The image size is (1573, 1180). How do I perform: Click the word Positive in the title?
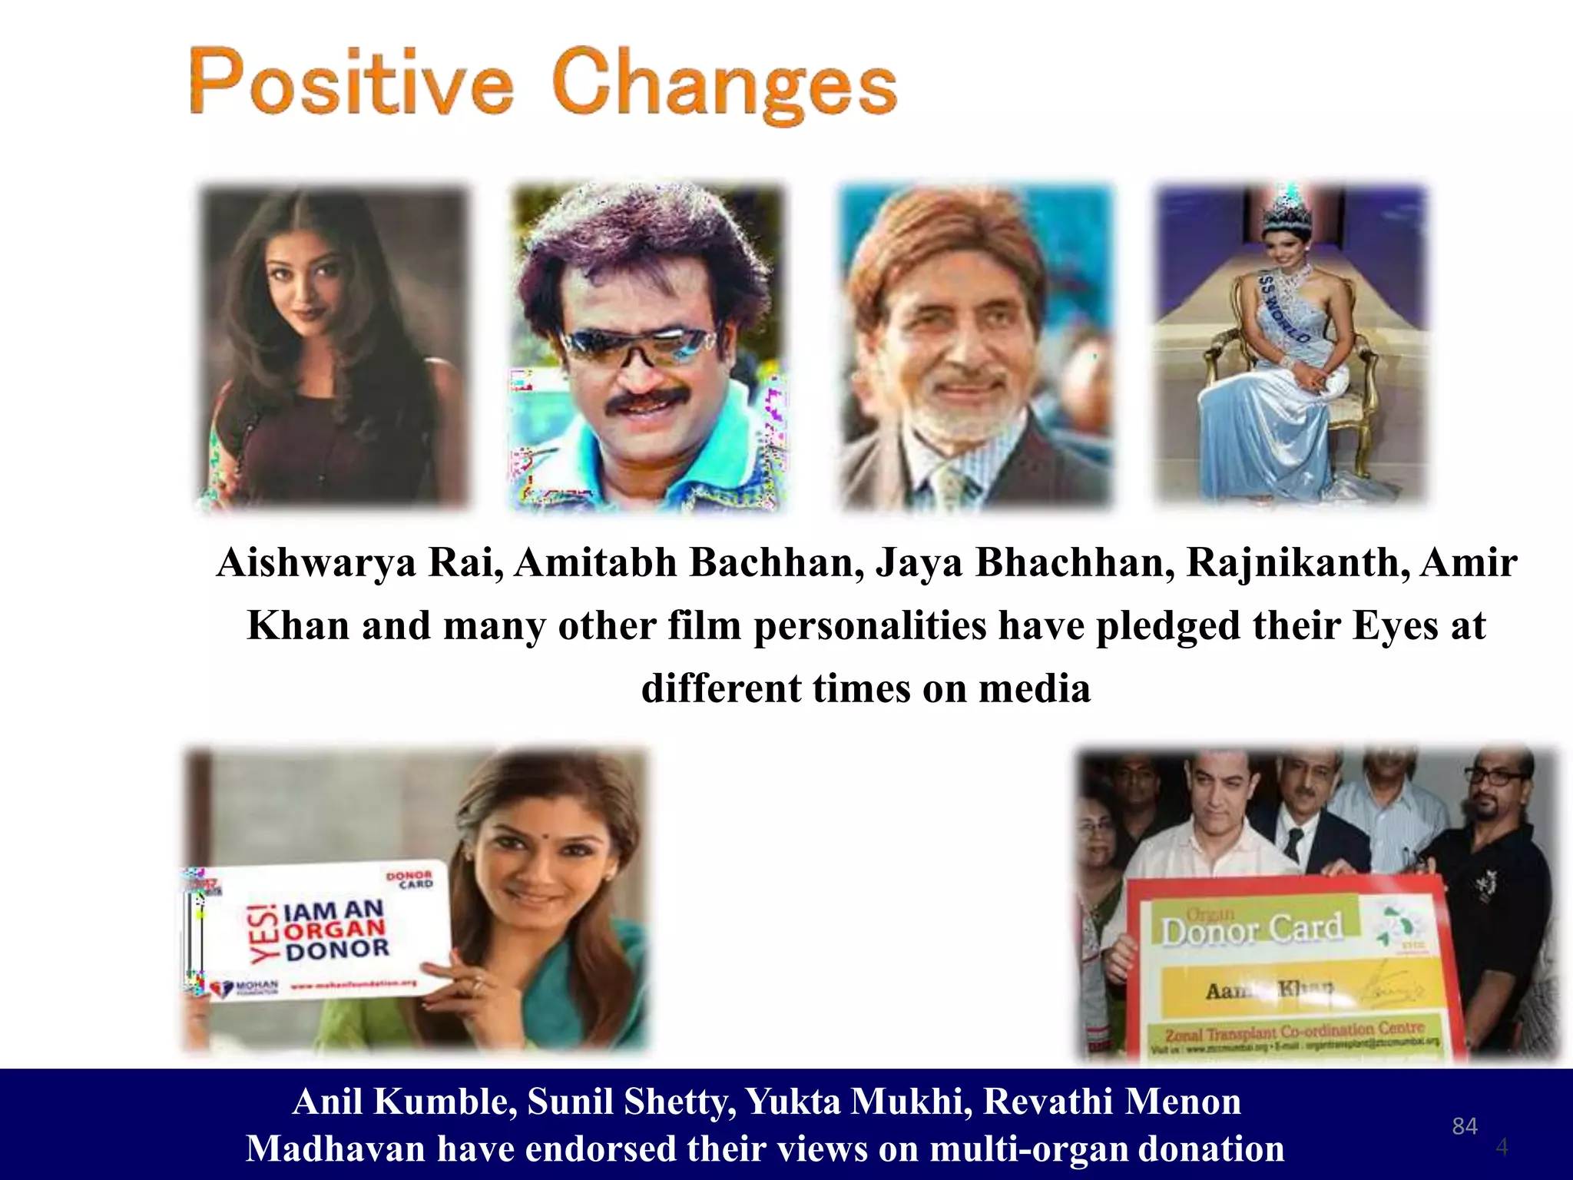point(351,83)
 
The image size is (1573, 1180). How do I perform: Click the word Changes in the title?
point(724,86)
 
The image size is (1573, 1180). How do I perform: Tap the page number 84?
point(1465,1126)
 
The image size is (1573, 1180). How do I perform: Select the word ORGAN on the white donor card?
point(335,930)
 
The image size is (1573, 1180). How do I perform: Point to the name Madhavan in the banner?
point(335,1149)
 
